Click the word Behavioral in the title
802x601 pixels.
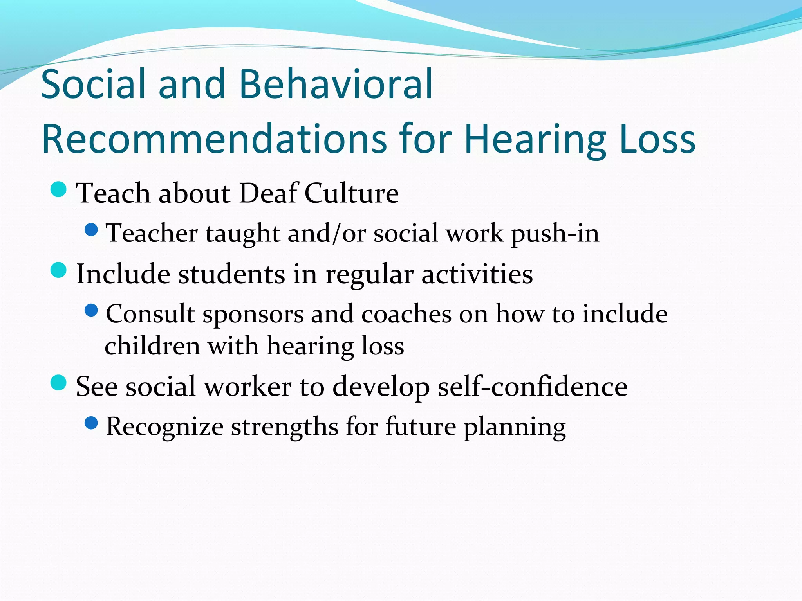(x=336, y=84)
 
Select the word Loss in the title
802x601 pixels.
(x=658, y=139)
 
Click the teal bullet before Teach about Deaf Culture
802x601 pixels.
(x=59, y=190)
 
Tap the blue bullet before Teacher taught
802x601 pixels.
(x=91, y=230)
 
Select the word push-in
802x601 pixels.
(x=555, y=234)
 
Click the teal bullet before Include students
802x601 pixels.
(x=59, y=270)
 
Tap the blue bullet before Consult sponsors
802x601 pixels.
(x=91, y=310)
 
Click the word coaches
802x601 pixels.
(x=406, y=314)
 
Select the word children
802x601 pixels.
(x=152, y=346)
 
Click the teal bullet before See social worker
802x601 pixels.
(x=59, y=382)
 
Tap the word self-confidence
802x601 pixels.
(x=533, y=387)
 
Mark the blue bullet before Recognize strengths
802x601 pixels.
(x=91, y=423)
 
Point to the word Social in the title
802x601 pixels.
(x=93, y=84)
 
